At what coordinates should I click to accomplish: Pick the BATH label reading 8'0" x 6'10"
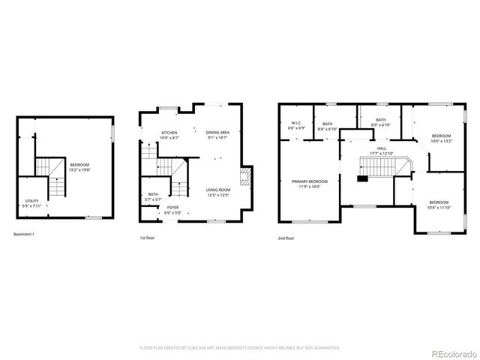[x=381, y=122]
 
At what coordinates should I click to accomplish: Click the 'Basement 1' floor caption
[x=24, y=235]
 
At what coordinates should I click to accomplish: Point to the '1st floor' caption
[x=148, y=238]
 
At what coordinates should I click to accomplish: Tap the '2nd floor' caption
[x=286, y=238]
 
